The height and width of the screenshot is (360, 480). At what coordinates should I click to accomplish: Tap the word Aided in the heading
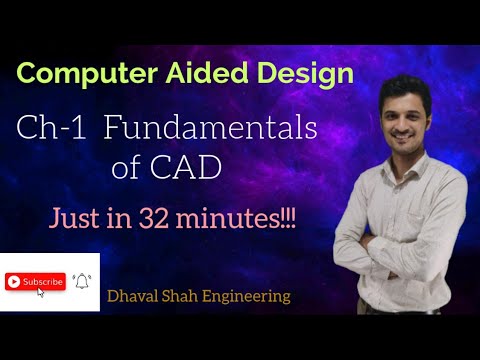pyautogui.click(x=197, y=74)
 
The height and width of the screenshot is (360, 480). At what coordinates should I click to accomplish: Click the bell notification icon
pyautogui.click(x=82, y=281)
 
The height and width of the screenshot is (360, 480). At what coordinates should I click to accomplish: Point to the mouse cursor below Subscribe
pyautogui.click(x=40, y=293)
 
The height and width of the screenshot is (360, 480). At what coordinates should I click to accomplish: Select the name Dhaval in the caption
pyautogui.click(x=136, y=296)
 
